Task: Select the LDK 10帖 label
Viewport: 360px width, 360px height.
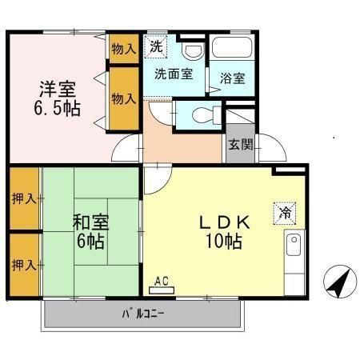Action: click(226, 230)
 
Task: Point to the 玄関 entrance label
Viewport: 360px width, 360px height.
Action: click(238, 145)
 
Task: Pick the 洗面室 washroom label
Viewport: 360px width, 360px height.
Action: click(173, 74)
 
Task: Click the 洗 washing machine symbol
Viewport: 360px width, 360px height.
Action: click(156, 46)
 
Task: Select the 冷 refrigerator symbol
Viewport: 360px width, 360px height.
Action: click(286, 213)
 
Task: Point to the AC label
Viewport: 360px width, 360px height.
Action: click(162, 281)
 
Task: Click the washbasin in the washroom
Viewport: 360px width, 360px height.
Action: click(193, 50)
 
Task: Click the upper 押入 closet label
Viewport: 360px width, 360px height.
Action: click(24, 198)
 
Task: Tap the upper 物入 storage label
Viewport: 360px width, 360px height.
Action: click(123, 50)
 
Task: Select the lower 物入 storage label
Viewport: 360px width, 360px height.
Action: click(123, 98)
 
